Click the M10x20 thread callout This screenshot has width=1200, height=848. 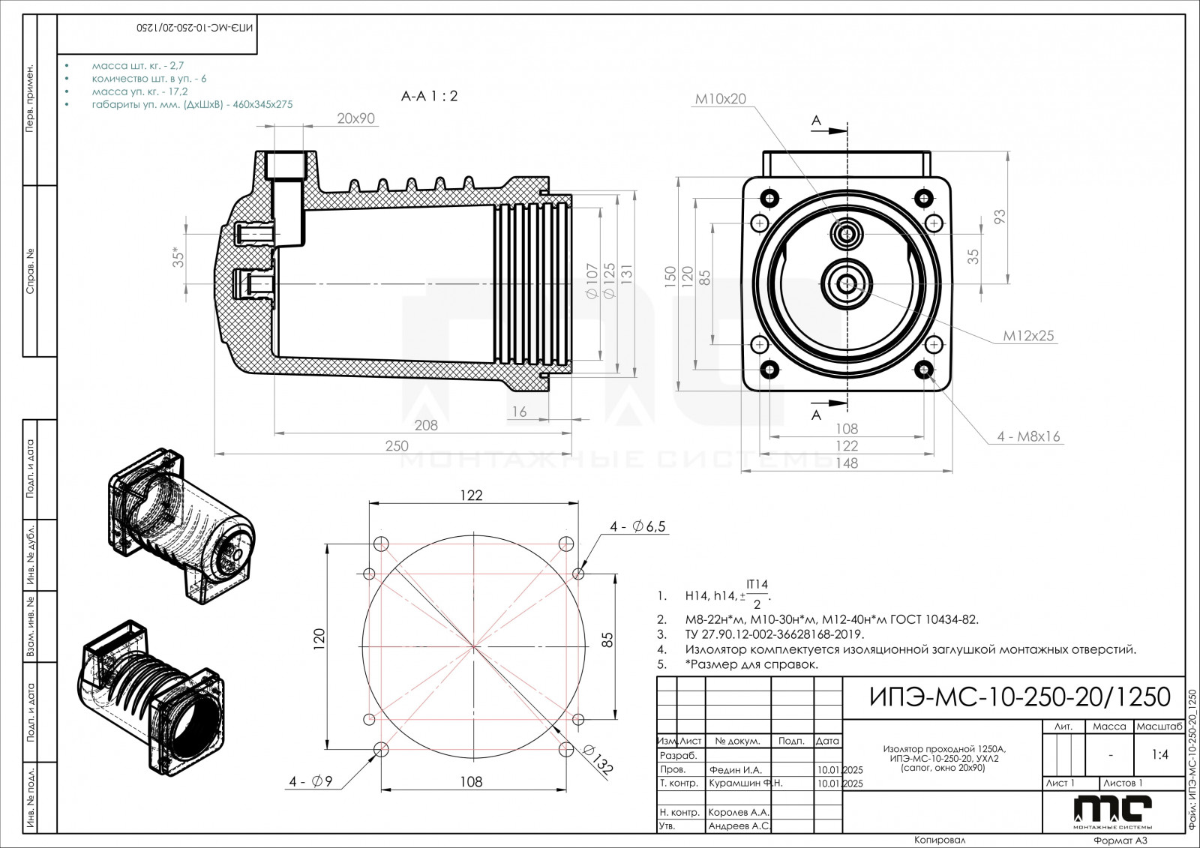click(720, 98)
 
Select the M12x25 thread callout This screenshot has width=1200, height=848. click(1028, 336)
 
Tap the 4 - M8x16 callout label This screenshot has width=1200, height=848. click(1028, 436)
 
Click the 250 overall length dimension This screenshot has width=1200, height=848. click(397, 445)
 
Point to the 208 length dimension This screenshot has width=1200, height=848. click(425, 425)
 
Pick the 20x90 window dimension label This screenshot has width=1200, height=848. click(355, 118)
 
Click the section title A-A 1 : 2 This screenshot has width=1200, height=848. click(429, 96)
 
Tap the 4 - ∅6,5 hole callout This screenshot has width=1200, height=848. click(637, 527)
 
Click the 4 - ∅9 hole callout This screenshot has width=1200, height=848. click(310, 781)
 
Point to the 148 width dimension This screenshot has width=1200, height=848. click(846, 463)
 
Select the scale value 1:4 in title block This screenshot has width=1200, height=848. click(1159, 754)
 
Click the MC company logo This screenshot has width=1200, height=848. click(1111, 811)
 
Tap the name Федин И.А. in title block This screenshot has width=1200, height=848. click(734, 769)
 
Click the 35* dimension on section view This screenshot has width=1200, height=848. click(178, 257)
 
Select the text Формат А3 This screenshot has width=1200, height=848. click(1120, 841)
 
